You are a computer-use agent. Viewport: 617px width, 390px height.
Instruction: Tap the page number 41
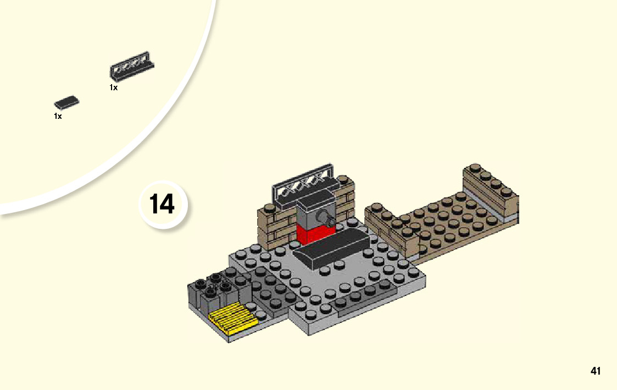pyautogui.click(x=596, y=371)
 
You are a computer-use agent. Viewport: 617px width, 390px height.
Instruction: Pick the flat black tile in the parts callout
pyautogui.click(x=66, y=102)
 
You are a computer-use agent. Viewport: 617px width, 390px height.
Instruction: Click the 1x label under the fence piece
pyautogui.click(x=113, y=87)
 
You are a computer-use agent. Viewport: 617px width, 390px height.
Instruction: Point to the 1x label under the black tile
pyautogui.click(x=58, y=116)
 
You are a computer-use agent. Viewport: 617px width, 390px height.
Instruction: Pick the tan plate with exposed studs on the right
pyautogui.click(x=451, y=223)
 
